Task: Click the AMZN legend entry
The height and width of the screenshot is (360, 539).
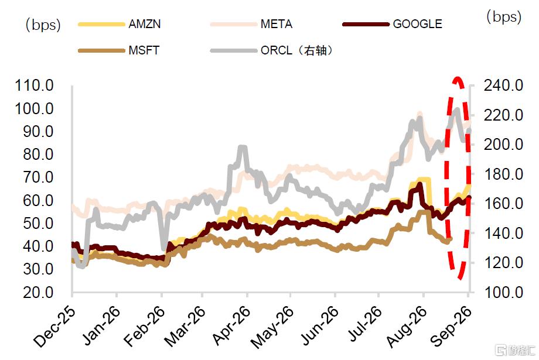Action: tap(144, 24)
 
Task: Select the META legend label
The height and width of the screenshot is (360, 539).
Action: tap(277, 24)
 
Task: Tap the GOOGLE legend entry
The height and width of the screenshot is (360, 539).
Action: tap(417, 24)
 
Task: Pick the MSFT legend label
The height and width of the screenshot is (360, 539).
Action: tap(144, 50)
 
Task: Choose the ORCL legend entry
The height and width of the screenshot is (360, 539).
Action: tap(296, 50)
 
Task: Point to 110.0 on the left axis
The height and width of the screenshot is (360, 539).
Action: tap(35, 85)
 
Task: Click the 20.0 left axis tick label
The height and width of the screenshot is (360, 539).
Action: tap(39, 292)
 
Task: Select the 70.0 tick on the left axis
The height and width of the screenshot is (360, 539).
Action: tap(39, 177)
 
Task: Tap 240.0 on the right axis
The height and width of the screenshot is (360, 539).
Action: tap(504, 85)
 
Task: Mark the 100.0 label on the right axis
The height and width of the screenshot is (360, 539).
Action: tap(504, 292)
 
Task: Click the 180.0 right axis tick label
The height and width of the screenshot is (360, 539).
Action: tap(504, 174)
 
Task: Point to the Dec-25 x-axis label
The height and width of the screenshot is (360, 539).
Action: tap(54, 325)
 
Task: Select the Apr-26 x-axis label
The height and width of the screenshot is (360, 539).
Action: tap(231, 325)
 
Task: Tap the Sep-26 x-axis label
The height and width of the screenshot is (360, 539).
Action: tap(451, 325)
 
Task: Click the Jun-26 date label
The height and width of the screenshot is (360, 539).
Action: tap(320, 325)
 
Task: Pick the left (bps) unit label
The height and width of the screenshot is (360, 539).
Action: tap(43, 25)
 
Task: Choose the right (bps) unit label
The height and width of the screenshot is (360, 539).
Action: tap(504, 16)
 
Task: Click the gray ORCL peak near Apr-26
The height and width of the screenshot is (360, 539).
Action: tap(243, 148)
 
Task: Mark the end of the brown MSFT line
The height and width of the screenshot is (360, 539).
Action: tap(451, 239)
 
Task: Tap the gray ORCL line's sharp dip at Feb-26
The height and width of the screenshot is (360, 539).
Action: tap(164, 248)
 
